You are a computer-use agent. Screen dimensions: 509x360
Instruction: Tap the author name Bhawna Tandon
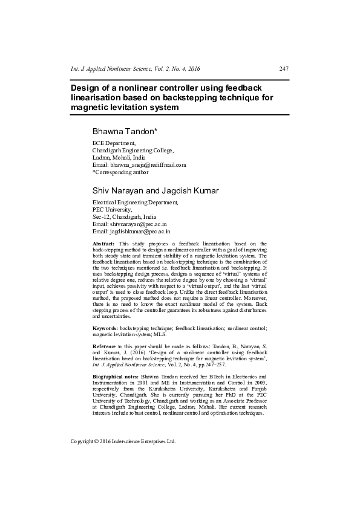tap(125, 131)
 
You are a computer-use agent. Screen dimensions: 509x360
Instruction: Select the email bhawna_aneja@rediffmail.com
tap(148, 164)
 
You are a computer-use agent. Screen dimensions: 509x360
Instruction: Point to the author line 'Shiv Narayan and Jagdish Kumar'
tap(155, 191)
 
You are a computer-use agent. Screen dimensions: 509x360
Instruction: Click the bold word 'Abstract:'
tap(104, 243)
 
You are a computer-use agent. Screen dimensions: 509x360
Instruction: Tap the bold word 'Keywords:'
tap(105, 327)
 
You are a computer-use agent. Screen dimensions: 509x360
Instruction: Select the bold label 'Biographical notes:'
tap(115, 377)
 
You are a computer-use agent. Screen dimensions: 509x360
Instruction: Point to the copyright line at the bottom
tap(123, 441)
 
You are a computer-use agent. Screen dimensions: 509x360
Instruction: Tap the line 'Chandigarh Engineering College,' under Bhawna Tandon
tap(133, 150)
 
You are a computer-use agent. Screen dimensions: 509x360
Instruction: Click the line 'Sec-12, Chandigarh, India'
tap(124, 216)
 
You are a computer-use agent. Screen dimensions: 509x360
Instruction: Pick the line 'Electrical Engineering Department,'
tap(135, 203)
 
